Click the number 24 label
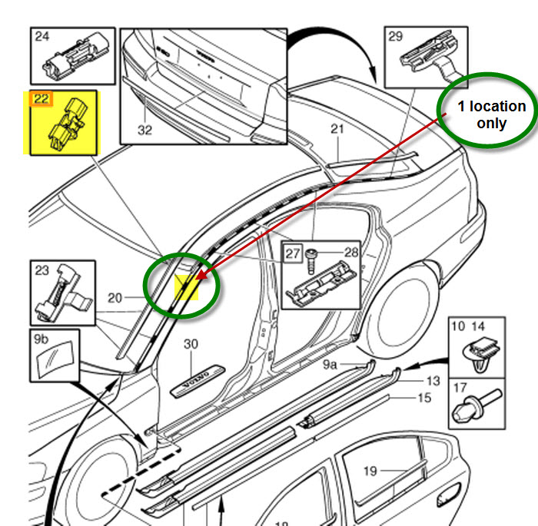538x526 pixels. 42,35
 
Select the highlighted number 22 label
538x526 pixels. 40,99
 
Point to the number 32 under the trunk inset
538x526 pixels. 144,130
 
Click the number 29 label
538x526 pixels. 396,35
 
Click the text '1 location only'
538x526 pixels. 492,114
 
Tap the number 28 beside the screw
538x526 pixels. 350,252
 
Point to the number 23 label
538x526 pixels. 42,270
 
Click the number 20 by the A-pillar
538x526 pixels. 115,298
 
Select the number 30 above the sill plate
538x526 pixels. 191,345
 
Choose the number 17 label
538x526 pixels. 460,389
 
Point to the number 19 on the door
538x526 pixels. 371,471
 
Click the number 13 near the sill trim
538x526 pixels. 433,380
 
